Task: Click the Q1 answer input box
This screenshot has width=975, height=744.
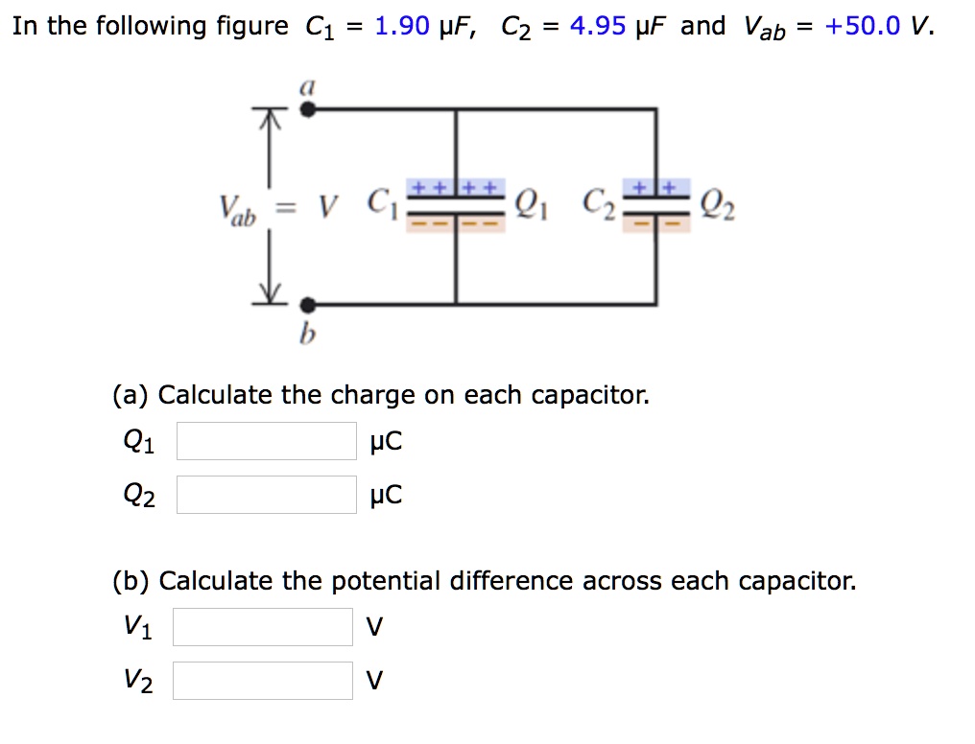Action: click(266, 441)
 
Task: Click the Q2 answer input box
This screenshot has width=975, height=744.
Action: click(266, 495)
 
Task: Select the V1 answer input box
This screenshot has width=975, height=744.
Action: click(263, 627)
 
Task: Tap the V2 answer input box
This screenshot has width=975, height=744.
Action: click(263, 681)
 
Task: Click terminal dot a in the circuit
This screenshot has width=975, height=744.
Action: click(307, 109)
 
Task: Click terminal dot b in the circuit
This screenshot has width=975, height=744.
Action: click(307, 305)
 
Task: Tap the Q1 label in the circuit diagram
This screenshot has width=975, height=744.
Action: click(531, 204)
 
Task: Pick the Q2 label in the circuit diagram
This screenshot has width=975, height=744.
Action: click(719, 204)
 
